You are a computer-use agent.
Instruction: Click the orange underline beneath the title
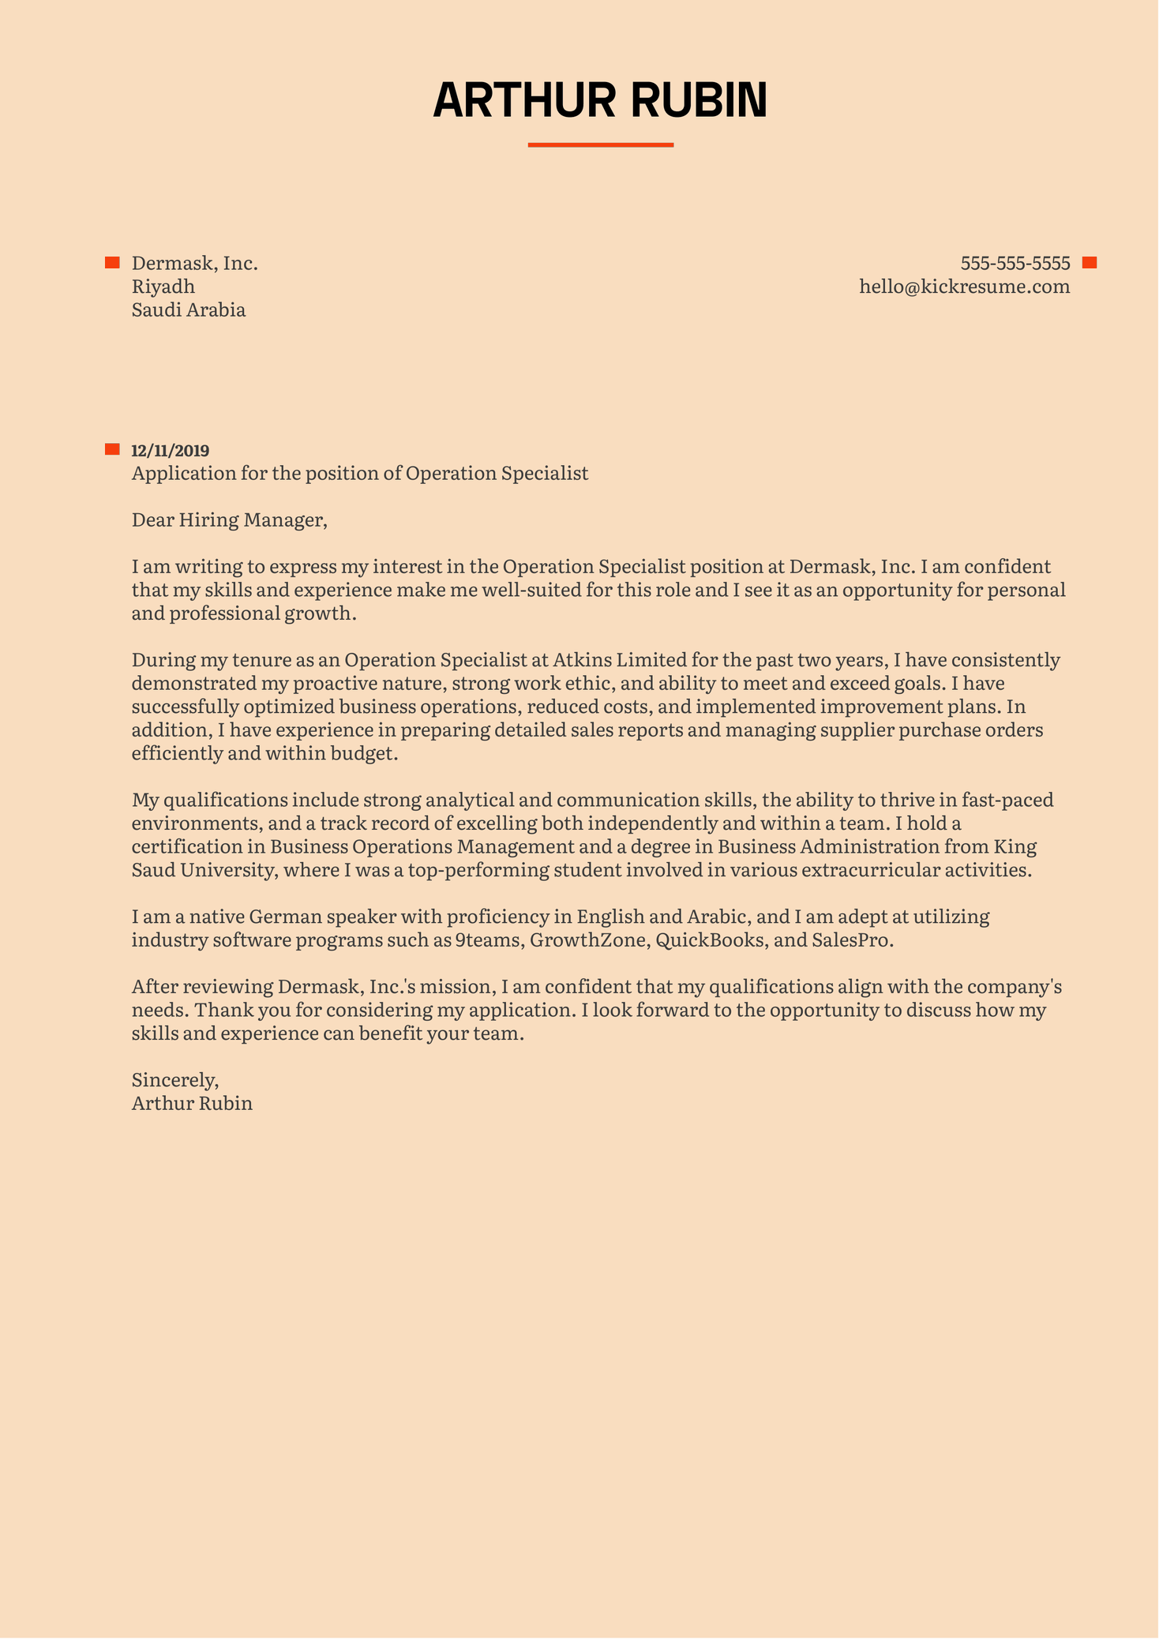point(600,145)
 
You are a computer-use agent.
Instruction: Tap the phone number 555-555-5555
point(1015,263)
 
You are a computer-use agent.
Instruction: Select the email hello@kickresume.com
point(964,287)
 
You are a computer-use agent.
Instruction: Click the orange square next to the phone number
point(1090,263)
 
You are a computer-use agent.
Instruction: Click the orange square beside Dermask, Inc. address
point(112,263)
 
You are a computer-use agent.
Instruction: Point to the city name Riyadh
point(163,287)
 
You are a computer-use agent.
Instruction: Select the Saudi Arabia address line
point(188,310)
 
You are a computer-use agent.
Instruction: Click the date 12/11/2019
point(170,451)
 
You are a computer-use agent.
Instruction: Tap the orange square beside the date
point(112,450)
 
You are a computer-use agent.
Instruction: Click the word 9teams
point(486,941)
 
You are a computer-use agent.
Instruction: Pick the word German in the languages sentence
point(284,917)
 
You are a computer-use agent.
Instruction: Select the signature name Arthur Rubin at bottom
point(192,1104)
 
